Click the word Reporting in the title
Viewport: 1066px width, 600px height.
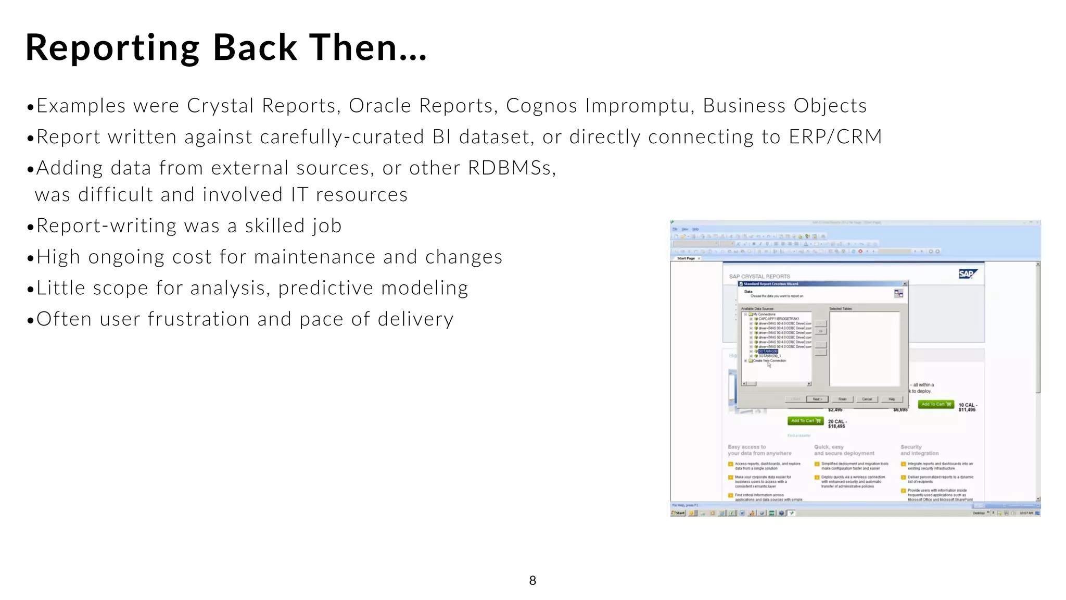(x=112, y=48)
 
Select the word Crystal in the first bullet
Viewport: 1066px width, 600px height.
(x=220, y=106)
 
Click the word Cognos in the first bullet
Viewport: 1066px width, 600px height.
(x=541, y=106)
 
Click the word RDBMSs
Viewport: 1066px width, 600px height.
(x=512, y=168)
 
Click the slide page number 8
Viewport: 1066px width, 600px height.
(x=532, y=581)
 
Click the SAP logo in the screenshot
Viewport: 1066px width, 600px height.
(x=967, y=274)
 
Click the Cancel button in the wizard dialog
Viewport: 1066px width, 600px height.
(x=867, y=399)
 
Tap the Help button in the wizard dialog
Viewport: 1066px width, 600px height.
(x=892, y=399)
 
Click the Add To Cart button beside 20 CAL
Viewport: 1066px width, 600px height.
(x=805, y=421)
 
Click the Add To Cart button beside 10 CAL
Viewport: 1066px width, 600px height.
(x=935, y=404)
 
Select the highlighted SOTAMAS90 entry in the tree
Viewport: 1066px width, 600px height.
(x=768, y=352)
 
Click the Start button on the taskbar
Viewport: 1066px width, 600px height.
(x=679, y=513)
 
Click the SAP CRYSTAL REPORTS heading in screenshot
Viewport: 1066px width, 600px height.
(x=759, y=277)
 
